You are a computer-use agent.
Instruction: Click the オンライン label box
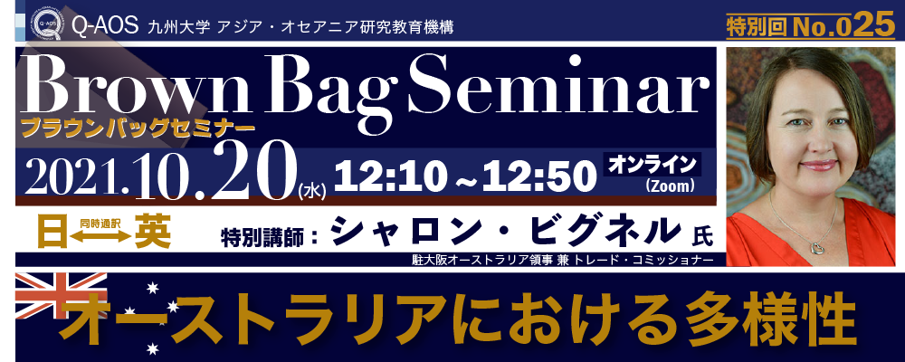[653, 165]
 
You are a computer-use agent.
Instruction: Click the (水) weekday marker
[312, 190]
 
